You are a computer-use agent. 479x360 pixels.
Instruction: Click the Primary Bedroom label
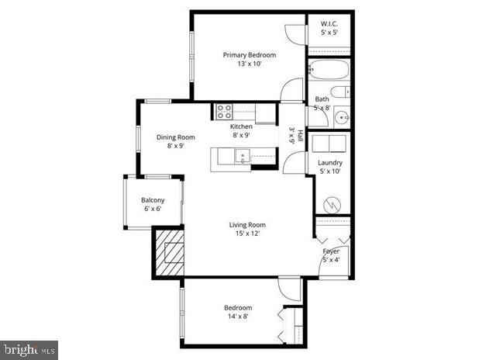(x=249, y=55)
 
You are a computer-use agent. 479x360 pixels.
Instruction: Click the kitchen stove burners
(x=224, y=110)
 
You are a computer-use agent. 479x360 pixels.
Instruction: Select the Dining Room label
(x=175, y=137)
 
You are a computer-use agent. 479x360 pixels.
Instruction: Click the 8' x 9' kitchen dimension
(x=241, y=135)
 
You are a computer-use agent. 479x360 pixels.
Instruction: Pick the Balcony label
(x=153, y=199)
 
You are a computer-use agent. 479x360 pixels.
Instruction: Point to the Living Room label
(x=247, y=225)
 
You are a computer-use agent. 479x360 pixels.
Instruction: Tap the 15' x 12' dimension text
(x=247, y=234)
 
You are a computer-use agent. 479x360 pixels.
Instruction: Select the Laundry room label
(x=330, y=163)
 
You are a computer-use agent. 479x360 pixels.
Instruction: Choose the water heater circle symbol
(x=332, y=206)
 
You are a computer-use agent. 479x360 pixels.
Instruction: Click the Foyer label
(x=331, y=251)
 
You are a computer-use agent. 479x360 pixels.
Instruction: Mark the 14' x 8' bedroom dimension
(x=238, y=317)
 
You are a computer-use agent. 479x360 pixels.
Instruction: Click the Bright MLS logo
(x=29, y=349)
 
